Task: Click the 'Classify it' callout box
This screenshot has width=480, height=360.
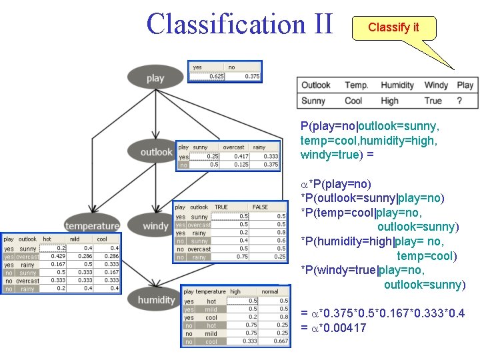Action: [393, 28]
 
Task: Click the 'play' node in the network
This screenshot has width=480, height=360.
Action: [155, 78]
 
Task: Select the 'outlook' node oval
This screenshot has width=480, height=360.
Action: [156, 152]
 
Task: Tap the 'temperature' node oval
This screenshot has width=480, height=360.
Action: [92, 226]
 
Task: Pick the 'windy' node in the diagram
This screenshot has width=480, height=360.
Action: [155, 226]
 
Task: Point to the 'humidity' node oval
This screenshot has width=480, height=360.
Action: [156, 300]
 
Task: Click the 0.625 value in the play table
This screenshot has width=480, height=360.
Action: [216, 77]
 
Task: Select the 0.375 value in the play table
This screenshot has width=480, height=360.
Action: [251, 77]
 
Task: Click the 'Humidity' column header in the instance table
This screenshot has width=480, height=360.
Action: [397, 85]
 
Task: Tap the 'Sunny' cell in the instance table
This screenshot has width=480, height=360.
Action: [313, 101]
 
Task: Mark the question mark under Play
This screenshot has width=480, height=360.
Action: [459, 101]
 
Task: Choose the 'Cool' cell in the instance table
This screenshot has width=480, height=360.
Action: [353, 101]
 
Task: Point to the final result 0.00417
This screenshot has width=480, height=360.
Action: [342, 327]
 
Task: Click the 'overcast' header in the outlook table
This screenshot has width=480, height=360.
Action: [233, 147]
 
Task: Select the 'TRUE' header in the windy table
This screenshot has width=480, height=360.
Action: [221, 207]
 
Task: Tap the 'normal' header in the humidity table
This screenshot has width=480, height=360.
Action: [270, 292]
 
